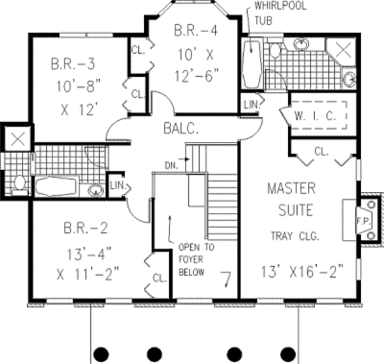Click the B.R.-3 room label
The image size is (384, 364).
click(x=73, y=64)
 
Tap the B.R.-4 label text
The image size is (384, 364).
click(x=196, y=31)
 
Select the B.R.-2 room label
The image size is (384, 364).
click(x=86, y=228)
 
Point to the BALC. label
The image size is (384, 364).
click(x=180, y=129)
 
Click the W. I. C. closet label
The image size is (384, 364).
click(x=315, y=116)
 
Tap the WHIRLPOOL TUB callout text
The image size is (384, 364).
click(x=280, y=13)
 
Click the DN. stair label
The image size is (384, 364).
click(x=172, y=166)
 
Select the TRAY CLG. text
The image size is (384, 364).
click(x=295, y=236)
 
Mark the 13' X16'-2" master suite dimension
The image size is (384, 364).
click(x=302, y=271)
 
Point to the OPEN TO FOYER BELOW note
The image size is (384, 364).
click(x=196, y=260)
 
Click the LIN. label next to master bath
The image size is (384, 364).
click(x=251, y=105)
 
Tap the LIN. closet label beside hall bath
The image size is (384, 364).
click(x=118, y=186)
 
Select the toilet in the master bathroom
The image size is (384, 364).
click(x=275, y=50)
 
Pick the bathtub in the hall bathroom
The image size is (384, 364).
click(x=56, y=187)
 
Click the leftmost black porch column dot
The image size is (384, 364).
click(x=101, y=354)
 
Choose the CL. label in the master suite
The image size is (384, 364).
click(x=321, y=152)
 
